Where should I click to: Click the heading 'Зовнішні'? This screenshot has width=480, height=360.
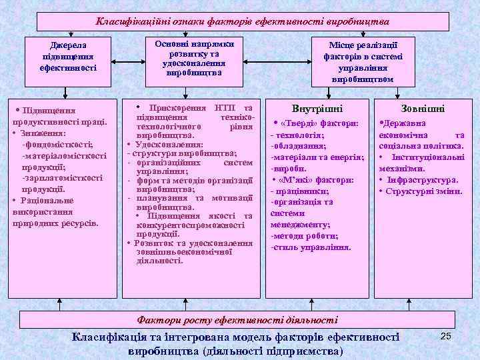point(423,108)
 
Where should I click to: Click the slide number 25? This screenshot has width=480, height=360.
point(446,336)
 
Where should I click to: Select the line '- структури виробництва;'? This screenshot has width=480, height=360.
point(182,153)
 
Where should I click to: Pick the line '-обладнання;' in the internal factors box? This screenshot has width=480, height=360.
point(297,146)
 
